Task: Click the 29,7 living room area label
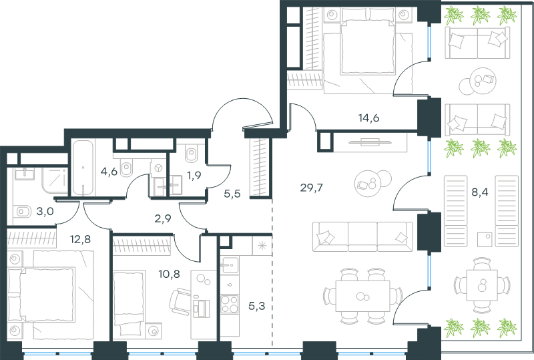click(311, 188)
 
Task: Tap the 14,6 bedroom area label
click(369, 118)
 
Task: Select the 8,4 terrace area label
click(479, 192)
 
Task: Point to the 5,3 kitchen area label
click(256, 306)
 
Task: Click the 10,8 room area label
click(170, 273)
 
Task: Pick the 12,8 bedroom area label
click(80, 239)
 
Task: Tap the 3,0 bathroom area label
click(45, 212)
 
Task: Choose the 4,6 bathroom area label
click(109, 171)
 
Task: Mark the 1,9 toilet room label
click(194, 176)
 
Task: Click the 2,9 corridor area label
click(163, 218)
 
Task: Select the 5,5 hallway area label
click(232, 194)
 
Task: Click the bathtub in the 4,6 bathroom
click(83, 168)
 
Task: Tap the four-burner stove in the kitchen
click(229, 304)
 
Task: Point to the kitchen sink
click(229, 265)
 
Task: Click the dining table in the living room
click(362, 296)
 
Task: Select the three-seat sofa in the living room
click(362, 236)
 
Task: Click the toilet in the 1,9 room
click(192, 154)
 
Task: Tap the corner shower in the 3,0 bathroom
click(55, 182)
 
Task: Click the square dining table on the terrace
click(482, 285)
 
